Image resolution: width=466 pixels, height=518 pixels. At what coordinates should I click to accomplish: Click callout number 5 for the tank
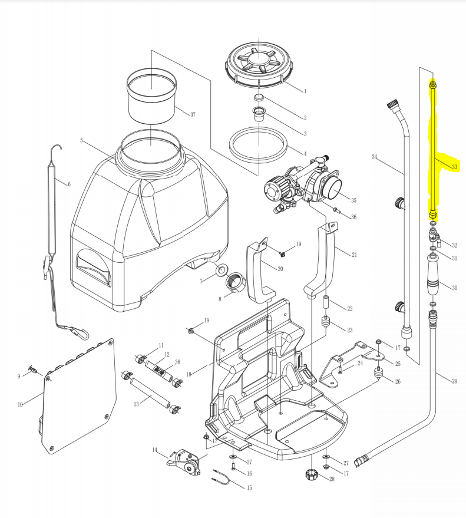coord(82,140)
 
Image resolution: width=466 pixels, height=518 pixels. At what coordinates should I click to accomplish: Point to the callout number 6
coord(68,184)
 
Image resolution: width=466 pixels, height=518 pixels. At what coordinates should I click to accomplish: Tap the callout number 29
coord(454,381)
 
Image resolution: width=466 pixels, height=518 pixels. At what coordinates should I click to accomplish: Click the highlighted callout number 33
coord(454,167)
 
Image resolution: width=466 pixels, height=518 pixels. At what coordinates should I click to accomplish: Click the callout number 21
coord(354,255)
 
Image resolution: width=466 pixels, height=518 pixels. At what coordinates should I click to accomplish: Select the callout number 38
coord(177,362)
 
